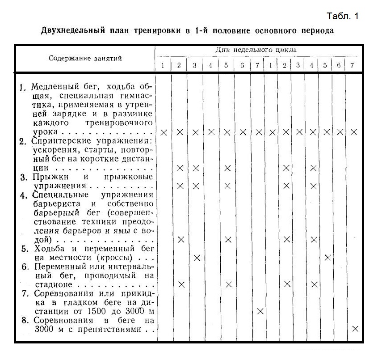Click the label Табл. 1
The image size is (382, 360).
343,17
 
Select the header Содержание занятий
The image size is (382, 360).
85,58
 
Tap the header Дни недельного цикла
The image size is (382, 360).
256,50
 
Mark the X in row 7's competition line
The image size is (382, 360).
260,311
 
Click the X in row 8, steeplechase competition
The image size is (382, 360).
355,329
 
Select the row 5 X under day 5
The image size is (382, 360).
327,258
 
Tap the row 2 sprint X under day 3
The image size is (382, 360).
196,168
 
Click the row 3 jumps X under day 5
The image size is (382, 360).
228,186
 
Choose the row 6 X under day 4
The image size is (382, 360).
314,284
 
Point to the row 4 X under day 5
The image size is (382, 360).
228,240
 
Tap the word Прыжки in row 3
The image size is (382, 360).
47,177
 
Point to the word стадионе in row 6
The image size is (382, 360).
53,284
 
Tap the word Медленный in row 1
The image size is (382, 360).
52,87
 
